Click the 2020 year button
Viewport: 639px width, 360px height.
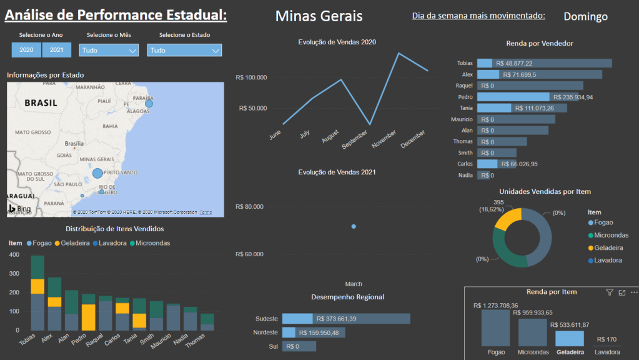(26, 50)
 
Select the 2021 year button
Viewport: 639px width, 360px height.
(57, 50)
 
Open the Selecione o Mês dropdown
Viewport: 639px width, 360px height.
(109, 51)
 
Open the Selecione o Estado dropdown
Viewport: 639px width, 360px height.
(184, 51)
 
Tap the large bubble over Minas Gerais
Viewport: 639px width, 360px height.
(97, 173)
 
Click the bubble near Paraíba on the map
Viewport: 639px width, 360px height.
(149, 103)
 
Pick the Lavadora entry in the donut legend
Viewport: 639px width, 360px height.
(607, 260)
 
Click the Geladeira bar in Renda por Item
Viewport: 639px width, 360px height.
(570, 339)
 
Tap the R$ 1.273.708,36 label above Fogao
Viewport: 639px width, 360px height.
(495, 306)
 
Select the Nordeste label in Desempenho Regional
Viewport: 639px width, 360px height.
(267, 332)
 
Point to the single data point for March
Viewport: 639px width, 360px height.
(354, 226)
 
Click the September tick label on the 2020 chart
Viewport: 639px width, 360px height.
(355, 139)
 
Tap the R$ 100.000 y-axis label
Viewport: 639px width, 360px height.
(251, 77)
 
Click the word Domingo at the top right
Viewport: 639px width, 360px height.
(585, 17)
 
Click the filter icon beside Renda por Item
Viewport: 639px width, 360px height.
(610, 292)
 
